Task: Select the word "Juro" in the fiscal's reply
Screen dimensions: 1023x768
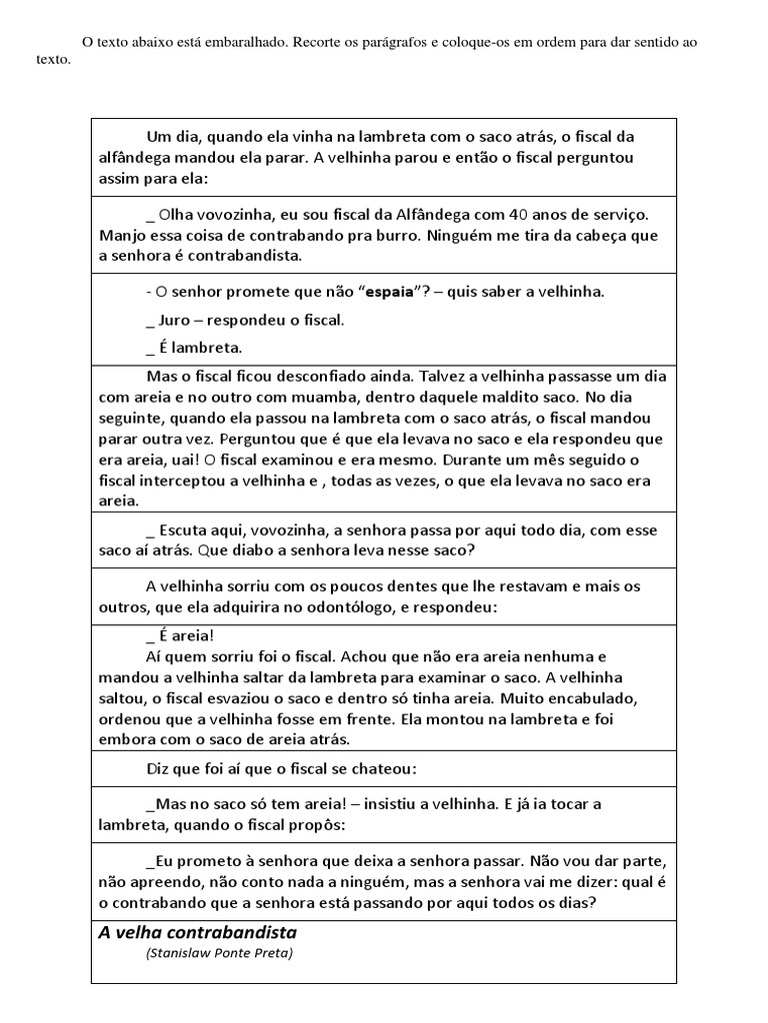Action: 179,320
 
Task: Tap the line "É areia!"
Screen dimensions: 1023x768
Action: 180,635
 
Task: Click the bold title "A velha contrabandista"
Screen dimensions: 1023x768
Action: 197,932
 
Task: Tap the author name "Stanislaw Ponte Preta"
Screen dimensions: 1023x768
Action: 220,952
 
